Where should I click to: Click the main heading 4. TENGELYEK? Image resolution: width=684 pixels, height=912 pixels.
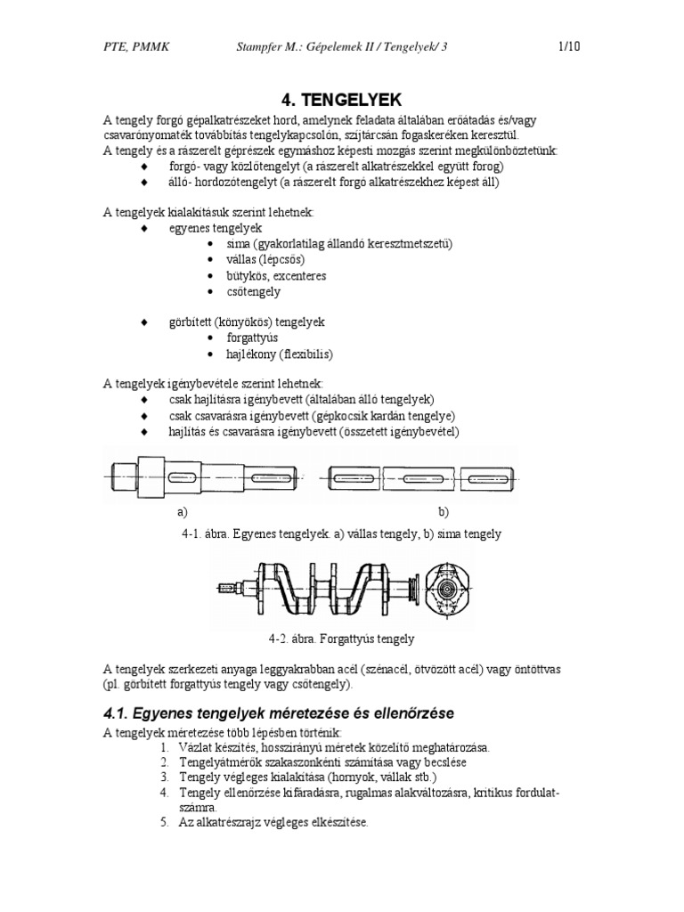342,99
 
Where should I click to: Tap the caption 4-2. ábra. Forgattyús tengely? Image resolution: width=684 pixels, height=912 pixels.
342,639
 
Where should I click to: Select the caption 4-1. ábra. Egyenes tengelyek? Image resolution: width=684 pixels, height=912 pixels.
342,533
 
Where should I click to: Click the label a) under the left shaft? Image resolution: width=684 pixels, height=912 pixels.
183,512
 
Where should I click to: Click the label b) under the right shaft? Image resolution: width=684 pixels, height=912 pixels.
443,512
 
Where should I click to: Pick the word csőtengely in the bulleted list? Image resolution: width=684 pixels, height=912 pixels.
254,291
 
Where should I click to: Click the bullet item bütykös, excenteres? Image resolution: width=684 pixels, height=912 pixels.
277,276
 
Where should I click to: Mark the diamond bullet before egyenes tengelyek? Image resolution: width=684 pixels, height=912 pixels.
145,229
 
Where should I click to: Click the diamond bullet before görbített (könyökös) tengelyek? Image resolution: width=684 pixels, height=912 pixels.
145,322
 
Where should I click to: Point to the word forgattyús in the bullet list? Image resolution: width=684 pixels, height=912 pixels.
254,338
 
